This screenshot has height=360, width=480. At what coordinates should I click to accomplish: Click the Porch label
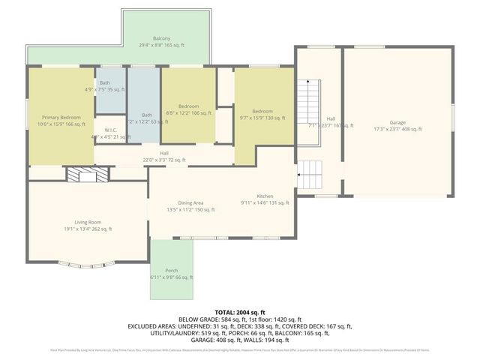click(x=172, y=274)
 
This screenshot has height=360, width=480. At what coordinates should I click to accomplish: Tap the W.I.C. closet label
click(x=106, y=133)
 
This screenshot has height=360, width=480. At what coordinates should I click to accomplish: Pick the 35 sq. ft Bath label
click(x=104, y=85)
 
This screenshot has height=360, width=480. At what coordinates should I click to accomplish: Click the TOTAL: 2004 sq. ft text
click(x=240, y=313)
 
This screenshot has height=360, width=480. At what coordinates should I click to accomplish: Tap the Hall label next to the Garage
click(x=330, y=121)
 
